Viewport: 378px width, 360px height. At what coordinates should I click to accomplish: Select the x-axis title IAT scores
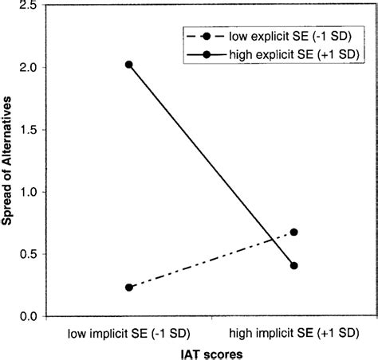(210, 350)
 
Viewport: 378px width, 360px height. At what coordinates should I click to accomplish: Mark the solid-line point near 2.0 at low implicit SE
(129, 65)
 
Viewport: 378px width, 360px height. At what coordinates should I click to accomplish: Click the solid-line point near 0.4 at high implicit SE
(294, 266)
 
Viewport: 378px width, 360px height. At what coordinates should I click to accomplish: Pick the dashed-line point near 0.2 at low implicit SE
(129, 288)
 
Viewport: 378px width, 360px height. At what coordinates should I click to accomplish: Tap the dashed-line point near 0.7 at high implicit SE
(294, 233)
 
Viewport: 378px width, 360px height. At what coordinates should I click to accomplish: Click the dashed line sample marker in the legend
(207, 36)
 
